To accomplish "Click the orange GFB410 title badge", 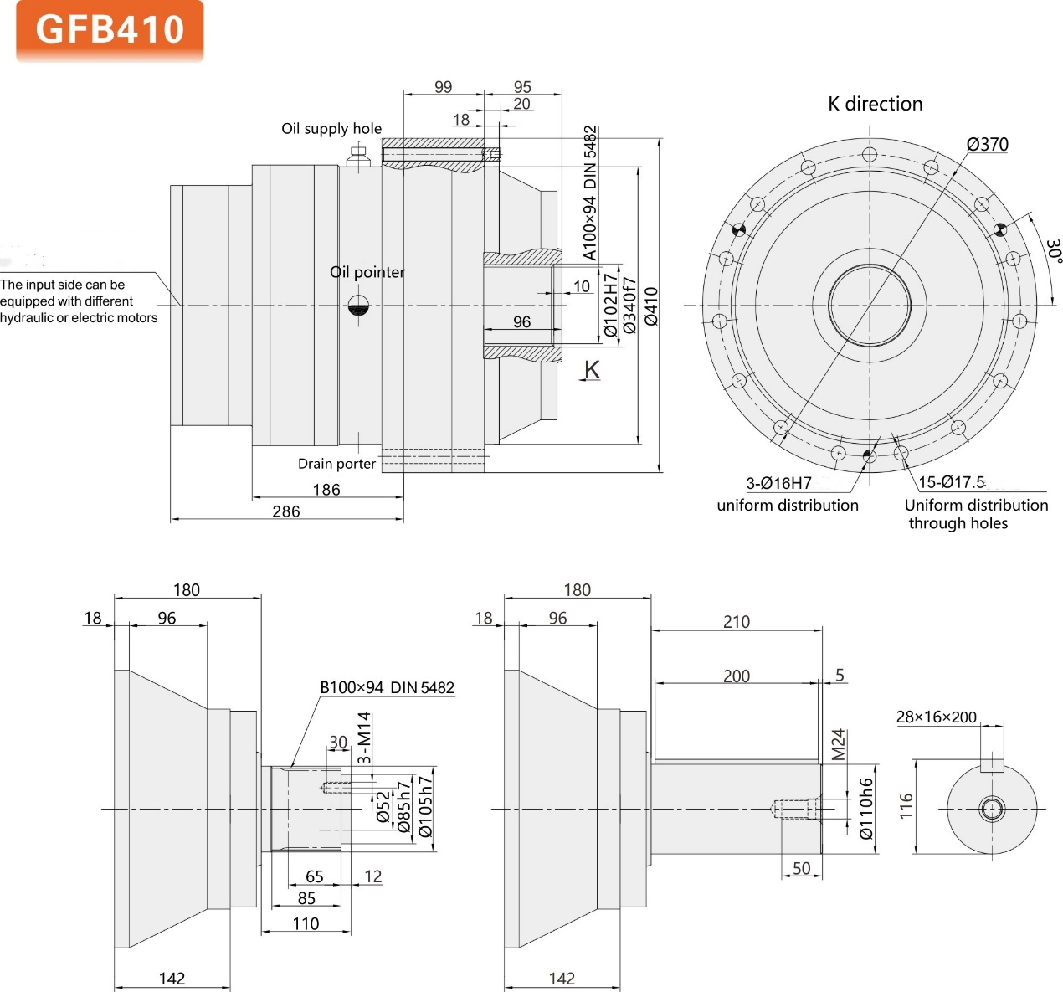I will (110, 30).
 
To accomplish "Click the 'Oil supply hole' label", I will (331, 128).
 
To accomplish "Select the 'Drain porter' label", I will (336, 463).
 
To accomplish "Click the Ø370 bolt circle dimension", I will (988, 144).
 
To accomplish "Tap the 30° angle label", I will (1053, 250).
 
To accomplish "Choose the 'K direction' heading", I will (875, 104).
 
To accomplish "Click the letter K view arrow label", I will (592, 369).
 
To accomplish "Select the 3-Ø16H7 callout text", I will (778, 483).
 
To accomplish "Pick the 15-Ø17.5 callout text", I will (952, 482).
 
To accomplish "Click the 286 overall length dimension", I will (285, 511).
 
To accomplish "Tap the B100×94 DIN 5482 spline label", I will (387, 687).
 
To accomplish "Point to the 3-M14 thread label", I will (364, 737).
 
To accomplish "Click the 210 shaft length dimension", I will (736, 621).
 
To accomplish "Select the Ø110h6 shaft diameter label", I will (866, 808).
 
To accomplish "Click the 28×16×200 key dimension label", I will (936, 717).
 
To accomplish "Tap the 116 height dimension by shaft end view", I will (906, 806).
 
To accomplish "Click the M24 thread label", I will (839, 744).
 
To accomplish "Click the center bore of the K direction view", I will (870, 305).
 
